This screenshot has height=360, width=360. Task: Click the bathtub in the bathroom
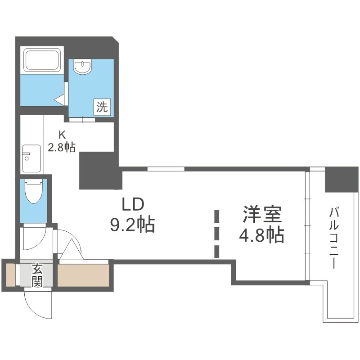tap(43, 60)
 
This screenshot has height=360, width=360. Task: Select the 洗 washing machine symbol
tap(102, 107)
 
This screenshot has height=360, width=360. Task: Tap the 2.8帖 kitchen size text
tap(62, 147)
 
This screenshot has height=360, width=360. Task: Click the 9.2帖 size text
tap(133, 224)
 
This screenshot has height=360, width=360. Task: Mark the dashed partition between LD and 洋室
tap(217, 234)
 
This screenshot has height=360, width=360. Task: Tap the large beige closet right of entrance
tap(83, 275)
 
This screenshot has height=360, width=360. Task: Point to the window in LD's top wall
tap(166, 169)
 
